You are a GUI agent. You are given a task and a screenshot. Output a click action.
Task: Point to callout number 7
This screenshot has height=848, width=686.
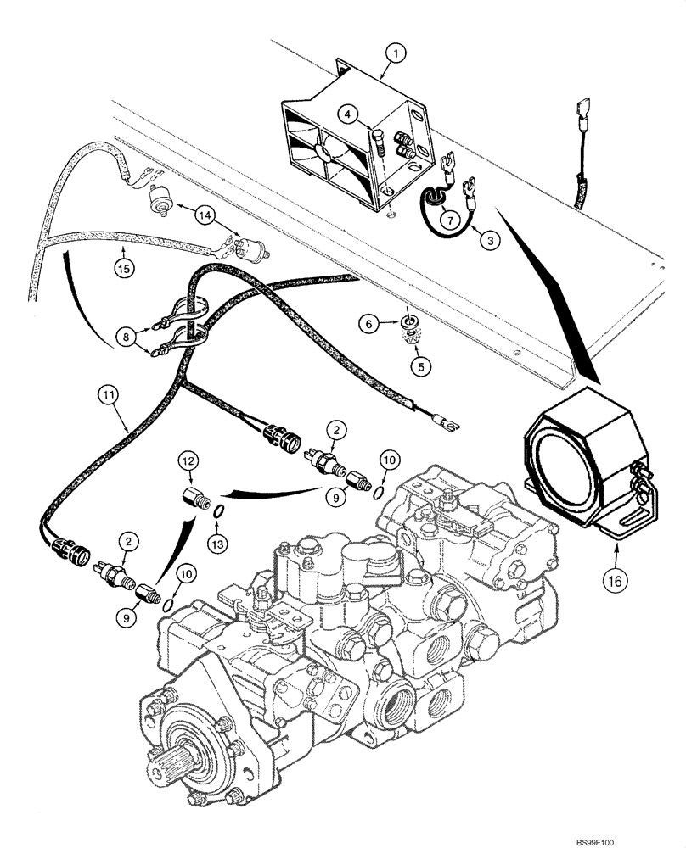pyautogui.click(x=451, y=217)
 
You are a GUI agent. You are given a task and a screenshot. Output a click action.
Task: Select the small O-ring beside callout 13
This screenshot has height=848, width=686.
pyautogui.click(x=218, y=512)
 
